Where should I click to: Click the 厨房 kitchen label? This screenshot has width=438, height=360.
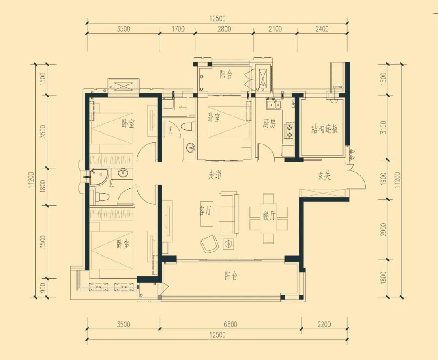coord(269,124)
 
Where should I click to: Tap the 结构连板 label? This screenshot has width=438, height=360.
coord(324,129)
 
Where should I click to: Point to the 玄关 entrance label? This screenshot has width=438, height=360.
coord(324,176)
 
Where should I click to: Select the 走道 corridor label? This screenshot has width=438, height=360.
coord(215,175)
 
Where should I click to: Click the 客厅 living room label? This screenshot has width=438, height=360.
coord(205,211)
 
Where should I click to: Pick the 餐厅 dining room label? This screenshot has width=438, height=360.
coord(269,216)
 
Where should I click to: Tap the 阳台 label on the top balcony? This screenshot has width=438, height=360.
coord(226,75)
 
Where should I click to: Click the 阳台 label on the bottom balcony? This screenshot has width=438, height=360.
coord(231,276)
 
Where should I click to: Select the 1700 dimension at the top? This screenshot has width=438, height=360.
coord(178,29)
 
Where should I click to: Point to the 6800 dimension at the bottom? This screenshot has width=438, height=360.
coord(230,324)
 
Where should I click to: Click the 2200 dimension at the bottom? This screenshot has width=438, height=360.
coord(324,324)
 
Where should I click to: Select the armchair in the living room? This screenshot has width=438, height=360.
coord(209,243)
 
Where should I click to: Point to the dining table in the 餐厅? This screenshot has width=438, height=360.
coord(268,218)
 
